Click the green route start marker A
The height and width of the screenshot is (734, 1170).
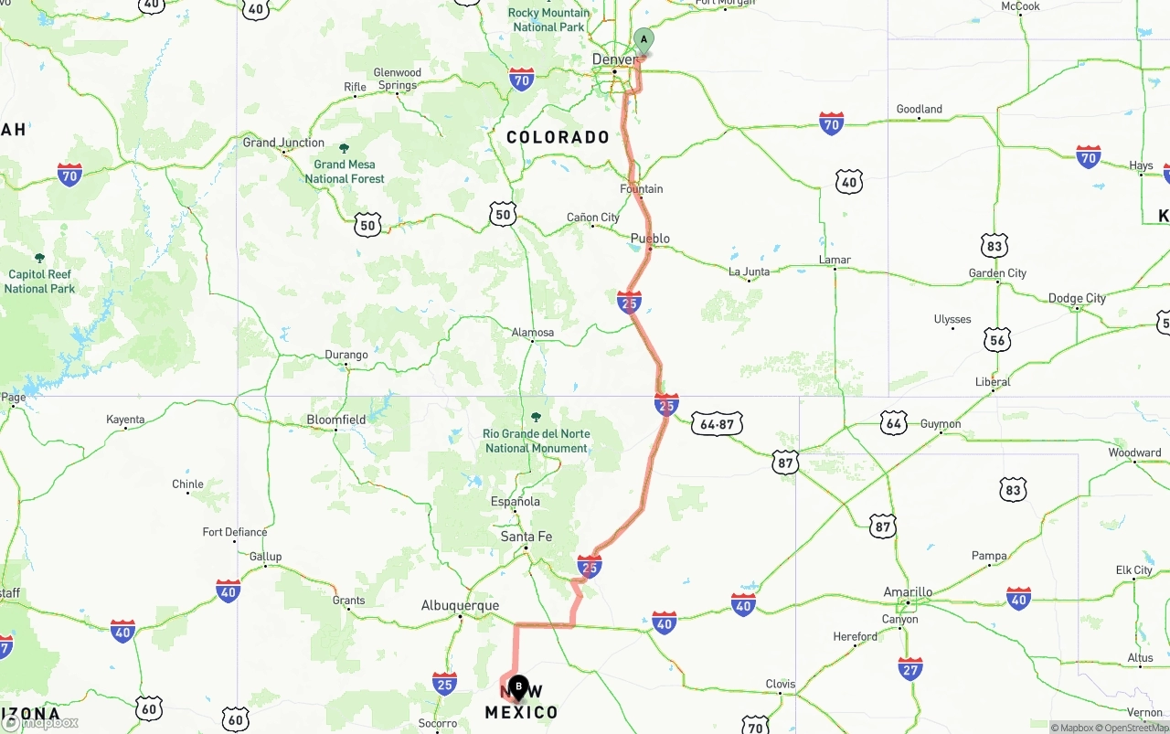click(643, 40)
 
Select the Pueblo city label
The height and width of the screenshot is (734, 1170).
click(650, 239)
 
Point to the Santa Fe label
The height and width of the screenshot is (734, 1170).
click(526, 537)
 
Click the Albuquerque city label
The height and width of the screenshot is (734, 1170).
click(460, 605)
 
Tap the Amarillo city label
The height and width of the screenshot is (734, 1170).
click(908, 592)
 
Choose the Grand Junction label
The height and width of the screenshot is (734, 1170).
click(283, 143)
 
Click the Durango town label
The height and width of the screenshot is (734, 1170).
click(346, 355)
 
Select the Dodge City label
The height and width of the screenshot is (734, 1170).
click(1077, 298)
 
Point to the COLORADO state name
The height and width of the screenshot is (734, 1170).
click(558, 137)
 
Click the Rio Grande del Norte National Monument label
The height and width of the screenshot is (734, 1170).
click(537, 441)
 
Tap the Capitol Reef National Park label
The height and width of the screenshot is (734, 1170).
click(39, 281)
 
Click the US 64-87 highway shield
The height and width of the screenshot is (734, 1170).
click(717, 424)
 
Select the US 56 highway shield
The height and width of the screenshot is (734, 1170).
click(997, 340)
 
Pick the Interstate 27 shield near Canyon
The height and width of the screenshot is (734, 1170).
click(909, 668)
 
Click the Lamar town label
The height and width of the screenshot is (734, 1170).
click(835, 260)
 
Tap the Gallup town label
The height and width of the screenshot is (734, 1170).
click(265, 557)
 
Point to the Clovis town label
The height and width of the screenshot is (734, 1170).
click(780, 684)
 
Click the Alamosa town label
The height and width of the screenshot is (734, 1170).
click(533, 333)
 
